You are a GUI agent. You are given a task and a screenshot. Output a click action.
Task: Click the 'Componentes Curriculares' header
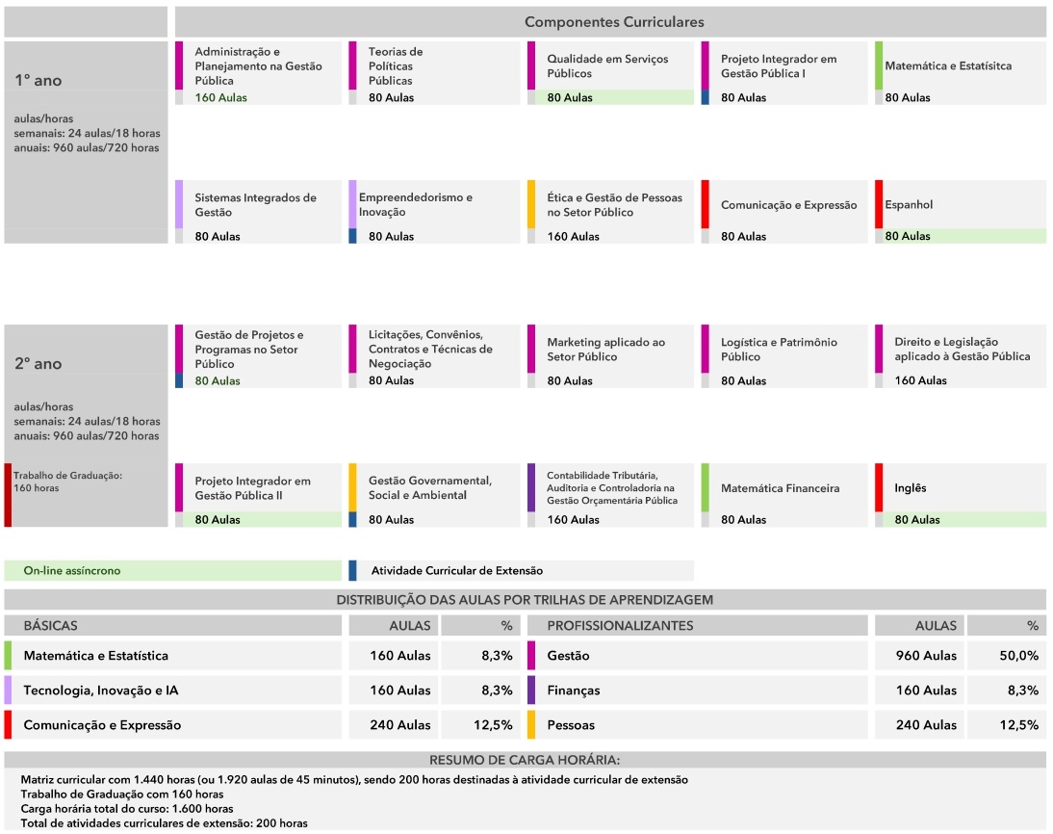pyautogui.click(x=613, y=22)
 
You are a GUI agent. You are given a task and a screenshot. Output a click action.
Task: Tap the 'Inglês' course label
pyautogui.click(x=911, y=488)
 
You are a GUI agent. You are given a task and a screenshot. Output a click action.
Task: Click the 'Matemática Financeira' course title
pyautogui.click(x=780, y=488)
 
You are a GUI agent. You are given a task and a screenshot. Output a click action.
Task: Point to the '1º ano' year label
pyautogui.click(x=39, y=81)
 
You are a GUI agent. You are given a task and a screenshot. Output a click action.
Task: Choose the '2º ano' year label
pyautogui.click(x=39, y=364)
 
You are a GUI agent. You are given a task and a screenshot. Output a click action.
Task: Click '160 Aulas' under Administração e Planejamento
pyautogui.click(x=220, y=98)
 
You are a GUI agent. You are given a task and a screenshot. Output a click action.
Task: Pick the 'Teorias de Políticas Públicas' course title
pyautogui.click(x=396, y=66)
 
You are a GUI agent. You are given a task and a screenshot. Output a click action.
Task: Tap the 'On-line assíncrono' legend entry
pyautogui.click(x=72, y=571)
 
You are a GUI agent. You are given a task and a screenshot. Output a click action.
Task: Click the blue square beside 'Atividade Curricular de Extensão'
pyautogui.click(x=352, y=570)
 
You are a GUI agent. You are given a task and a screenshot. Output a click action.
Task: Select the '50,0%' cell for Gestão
pyautogui.click(x=1018, y=656)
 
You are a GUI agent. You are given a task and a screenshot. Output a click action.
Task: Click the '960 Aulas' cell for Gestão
pyautogui.click(x=926, y=656)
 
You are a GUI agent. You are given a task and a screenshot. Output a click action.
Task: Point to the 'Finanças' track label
pyautogui.click(x=573, y=691)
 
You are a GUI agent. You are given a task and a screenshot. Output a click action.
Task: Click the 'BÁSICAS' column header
pyautogui.click(x=50, y=626)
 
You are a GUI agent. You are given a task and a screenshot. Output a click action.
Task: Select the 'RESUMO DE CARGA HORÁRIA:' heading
pyautogui.click(x=525, y=760)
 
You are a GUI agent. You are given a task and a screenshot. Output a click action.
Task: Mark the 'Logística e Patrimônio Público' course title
pyautogui.click(x=779, y=350)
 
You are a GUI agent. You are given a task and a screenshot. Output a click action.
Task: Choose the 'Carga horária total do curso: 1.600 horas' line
pyautogui.click(x=127, y=809)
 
